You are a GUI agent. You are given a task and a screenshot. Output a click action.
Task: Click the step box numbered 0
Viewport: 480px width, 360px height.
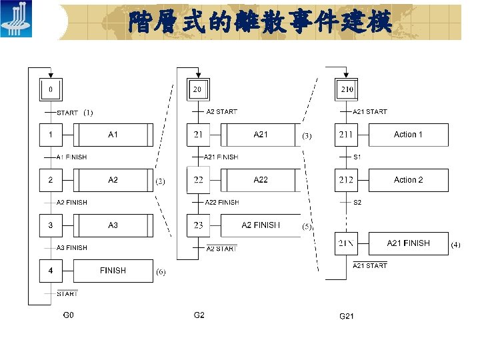pos(51,89)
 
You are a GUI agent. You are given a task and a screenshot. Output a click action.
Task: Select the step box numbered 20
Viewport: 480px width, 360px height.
pos(197,89)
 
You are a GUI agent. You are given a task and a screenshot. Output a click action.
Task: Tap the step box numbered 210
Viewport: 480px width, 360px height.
pos(347,89)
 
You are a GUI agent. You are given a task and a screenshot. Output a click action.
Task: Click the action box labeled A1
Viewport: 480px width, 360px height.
pos(113,135)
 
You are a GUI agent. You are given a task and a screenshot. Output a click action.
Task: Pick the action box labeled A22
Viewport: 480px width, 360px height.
pos(261,180)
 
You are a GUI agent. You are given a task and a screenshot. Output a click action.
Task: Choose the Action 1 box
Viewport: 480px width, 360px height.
pos(408,135)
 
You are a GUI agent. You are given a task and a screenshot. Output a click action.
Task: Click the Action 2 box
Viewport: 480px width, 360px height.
pos(408,180)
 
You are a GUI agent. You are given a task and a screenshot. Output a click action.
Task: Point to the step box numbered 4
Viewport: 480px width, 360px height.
pos(51,271)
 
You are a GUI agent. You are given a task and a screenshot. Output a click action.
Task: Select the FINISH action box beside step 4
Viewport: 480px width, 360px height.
pos(113,271)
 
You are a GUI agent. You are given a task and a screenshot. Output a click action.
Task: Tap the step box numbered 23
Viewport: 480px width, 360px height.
pos(198,225)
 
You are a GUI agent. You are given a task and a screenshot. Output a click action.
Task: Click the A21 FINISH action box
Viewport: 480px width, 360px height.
pos(408,243)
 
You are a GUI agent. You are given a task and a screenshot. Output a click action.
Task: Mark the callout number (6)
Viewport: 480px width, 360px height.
pos(161,272)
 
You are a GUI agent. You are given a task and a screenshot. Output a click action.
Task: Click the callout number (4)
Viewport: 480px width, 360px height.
pos(455,245)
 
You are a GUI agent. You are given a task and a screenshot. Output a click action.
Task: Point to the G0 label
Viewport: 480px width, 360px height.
pos(68,315)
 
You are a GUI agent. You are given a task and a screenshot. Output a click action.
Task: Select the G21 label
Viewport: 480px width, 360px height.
pos(347,316)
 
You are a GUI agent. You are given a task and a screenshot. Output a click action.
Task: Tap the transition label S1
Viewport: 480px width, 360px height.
pos(357,157)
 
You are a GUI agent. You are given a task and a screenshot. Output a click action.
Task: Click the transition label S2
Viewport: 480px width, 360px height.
pos(357,202)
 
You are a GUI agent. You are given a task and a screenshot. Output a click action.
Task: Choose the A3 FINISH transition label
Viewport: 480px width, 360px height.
pos(71,248)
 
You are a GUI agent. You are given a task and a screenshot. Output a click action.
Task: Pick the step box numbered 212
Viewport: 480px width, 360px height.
pos(346,180)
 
